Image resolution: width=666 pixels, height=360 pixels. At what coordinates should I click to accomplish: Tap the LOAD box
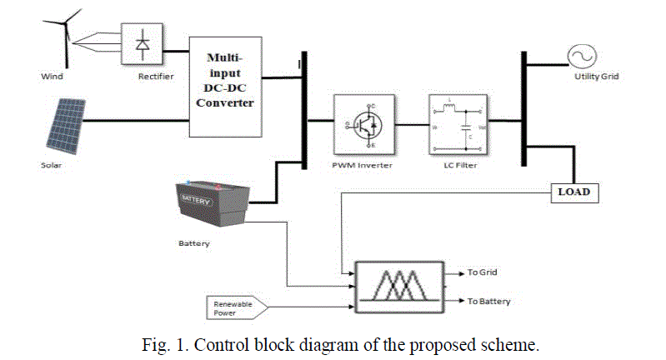(573, 192)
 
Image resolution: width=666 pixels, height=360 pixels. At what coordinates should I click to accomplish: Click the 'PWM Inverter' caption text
(362, 165)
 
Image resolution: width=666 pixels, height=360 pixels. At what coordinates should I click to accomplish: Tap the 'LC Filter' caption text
(455, 165)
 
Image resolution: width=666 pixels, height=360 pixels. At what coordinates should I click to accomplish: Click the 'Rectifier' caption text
(156, 77)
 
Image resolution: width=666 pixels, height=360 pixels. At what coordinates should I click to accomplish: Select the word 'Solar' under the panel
(53, 165)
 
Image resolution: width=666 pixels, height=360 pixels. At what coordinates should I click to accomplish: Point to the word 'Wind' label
(52, 77)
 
